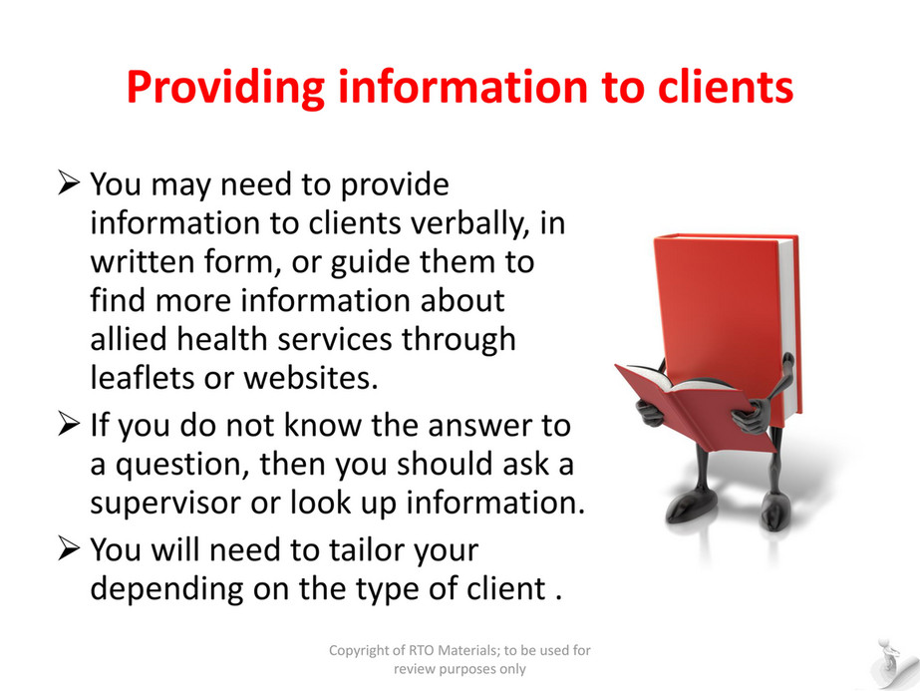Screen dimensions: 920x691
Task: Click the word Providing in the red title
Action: click(226, 88)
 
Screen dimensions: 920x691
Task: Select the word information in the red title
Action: click(462, 87)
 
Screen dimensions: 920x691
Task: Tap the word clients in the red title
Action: click(726, 87)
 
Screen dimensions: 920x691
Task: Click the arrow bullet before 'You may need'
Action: click(69, 182)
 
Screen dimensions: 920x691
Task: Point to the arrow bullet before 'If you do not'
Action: click(69, 424)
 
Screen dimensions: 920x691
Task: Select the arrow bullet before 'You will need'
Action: click(69, 548)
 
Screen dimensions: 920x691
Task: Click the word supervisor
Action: click(165, 504)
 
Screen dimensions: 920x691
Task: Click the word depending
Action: click(166, 589)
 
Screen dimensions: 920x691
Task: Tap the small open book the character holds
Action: click(693, 405)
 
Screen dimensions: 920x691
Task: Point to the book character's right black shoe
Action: click(775, 511)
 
